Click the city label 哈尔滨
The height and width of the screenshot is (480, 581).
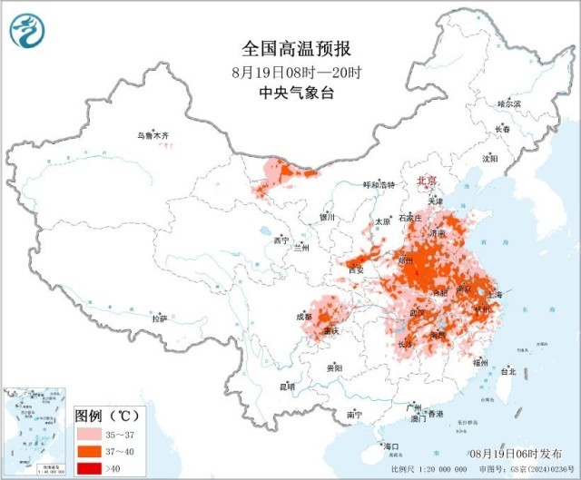[x=509, y=105]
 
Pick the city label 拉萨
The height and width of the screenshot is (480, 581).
[x=160, y=318]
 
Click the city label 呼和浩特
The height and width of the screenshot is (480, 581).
[x=379, y=184]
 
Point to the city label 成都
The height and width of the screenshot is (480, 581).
[x=303, y=317]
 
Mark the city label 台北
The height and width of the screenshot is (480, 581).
[x=507, y=371]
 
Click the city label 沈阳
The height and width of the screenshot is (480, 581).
[x=491, y=158]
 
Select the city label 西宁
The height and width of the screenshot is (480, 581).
[x=281, y=240]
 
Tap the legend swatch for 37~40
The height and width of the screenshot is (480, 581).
[x=87, y=452]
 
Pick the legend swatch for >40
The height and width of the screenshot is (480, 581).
[x=87, y=468]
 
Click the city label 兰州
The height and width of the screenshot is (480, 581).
[x=301, y=247]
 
